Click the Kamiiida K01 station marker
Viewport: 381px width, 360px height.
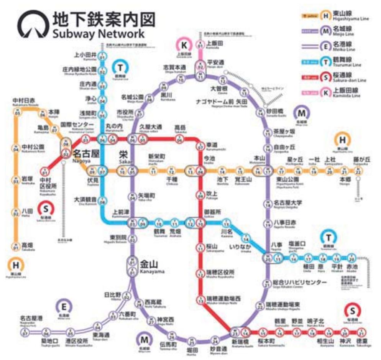pos(200,44)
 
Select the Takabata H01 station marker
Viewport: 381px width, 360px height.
pos(16,246)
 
